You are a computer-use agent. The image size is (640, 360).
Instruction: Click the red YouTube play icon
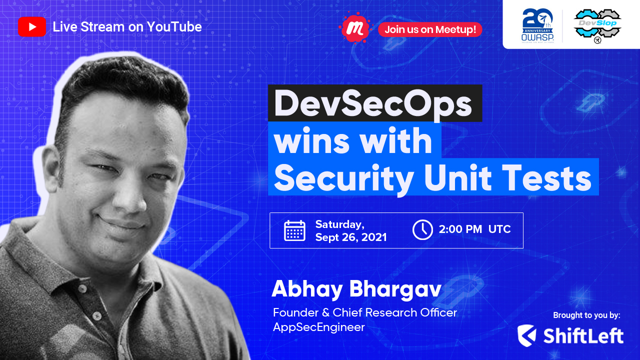pos(31,27)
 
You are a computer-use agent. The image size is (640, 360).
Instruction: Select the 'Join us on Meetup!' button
pos(430,29)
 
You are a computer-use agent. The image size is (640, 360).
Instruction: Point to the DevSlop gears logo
pos(597,25)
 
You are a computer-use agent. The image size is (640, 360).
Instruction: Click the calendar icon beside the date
pos(294,230)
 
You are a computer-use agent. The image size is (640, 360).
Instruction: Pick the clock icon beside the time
pos(422,230)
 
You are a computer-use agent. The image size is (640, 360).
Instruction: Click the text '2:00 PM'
pos(460,230)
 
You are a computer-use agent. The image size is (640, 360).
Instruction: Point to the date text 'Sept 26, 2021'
pos(350,237)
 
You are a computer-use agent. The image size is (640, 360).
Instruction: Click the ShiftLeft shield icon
pos(527,335)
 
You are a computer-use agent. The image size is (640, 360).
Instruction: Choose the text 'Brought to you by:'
pos(586,315)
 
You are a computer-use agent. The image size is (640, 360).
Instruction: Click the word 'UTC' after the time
pos(499,230)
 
